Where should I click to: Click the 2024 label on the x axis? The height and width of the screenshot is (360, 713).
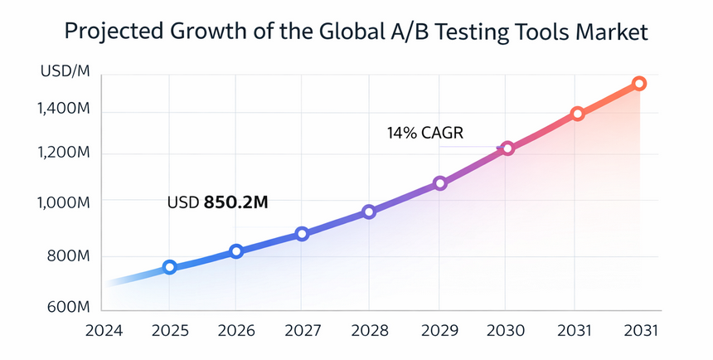click(104, 330)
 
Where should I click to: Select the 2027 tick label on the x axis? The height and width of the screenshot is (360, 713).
click(302, 330)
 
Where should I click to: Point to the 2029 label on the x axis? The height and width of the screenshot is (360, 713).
click(439, 330)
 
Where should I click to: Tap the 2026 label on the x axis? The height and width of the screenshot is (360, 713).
click(235, 330)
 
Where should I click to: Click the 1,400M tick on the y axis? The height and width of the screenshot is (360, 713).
click(64, 109)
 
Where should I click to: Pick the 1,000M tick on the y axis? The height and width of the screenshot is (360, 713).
click(64, 202)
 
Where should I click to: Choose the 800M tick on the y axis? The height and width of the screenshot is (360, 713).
click(69, 256)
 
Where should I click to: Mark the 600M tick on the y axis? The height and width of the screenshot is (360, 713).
click(69, 307)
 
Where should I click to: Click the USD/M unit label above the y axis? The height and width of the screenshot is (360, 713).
click(63, 72)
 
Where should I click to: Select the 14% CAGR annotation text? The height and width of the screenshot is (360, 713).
click(424, 132)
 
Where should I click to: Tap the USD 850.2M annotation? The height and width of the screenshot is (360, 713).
click(217, 202)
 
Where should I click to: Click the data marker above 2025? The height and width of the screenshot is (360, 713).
click(170, 267)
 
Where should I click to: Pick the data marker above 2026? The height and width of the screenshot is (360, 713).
click(236, 251)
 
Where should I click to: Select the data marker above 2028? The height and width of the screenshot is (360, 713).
click(370, 212)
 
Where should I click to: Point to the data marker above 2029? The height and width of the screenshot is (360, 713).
click(440, 183)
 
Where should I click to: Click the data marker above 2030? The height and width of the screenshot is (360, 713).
click(507, 148)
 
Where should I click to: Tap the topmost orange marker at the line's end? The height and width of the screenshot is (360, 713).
click(639, 83)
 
